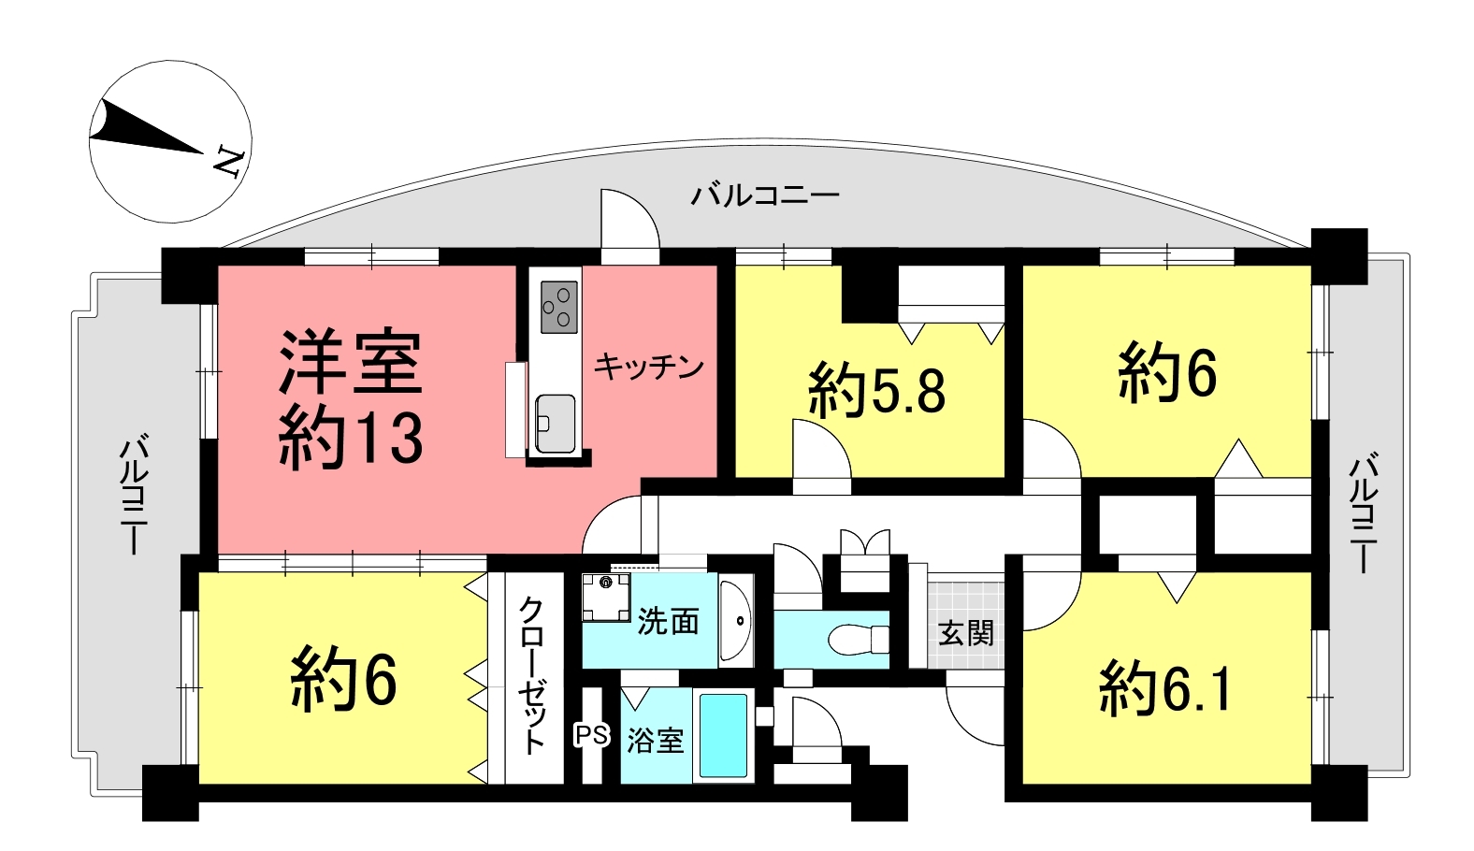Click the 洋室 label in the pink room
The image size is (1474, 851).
[351, 361]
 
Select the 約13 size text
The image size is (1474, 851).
[351, 437]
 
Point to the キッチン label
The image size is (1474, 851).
[649, 368]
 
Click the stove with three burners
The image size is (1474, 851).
[559, 307]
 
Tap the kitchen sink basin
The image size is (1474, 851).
[556, 424]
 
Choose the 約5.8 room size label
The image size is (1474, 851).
[876, 392]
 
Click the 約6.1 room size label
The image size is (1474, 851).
[1164, 690]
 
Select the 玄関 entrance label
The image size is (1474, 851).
[965, 634]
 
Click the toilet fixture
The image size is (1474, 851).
[859, 639]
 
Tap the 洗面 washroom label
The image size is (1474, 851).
[668, 622]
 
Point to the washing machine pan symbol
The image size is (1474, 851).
[606, 597]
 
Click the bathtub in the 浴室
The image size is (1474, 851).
[723, 736]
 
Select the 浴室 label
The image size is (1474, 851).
[656, 742]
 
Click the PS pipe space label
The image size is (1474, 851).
[592, 735]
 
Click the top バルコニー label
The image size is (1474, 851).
[765, 195]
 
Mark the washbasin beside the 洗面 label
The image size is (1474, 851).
[736, 620]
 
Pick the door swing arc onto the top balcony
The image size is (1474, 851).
[638, 204]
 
